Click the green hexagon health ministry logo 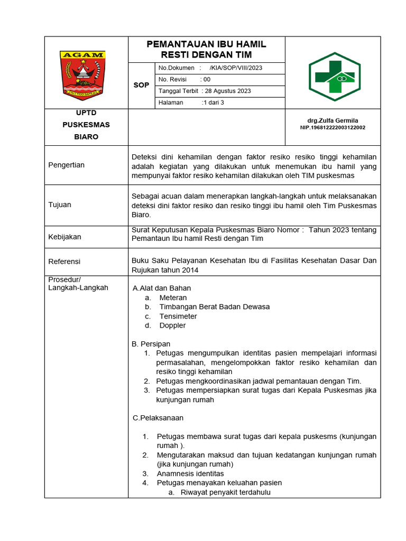334,77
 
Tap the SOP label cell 141,85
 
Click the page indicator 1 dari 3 213,102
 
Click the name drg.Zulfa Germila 333,120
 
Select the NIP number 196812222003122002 333,127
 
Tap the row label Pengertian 66,165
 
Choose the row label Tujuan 60,204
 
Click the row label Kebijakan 64,237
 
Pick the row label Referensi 64,261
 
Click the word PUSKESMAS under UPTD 86,125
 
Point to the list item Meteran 173,297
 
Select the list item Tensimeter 178,316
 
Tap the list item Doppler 172,325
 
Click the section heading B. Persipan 151,344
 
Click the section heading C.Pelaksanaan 158,418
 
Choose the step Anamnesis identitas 190,473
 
